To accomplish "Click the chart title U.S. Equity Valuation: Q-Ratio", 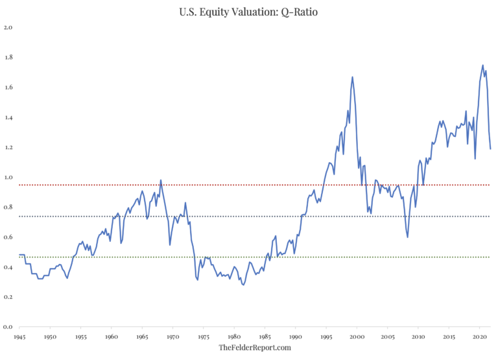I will (249, 11).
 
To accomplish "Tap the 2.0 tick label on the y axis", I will (8, 28).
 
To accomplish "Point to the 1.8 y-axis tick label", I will (8, 58).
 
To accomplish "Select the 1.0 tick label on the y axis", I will (8, 178).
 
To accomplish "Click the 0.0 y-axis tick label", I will (8, 327).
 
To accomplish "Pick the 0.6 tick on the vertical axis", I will (8, 237).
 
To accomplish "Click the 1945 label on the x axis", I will (19, 337).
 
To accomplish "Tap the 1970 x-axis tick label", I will (172, 337).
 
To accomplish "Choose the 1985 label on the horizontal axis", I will (265, 337).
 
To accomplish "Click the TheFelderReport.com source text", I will (254, 348).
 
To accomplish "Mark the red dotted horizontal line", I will (195, 185).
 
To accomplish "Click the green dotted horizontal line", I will (195, 258).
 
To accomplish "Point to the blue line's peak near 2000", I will (352, 77).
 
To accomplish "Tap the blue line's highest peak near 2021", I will (482, 65).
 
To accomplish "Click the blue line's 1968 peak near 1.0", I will (161, 180).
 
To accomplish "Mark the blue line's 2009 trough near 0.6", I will (408, 237).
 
